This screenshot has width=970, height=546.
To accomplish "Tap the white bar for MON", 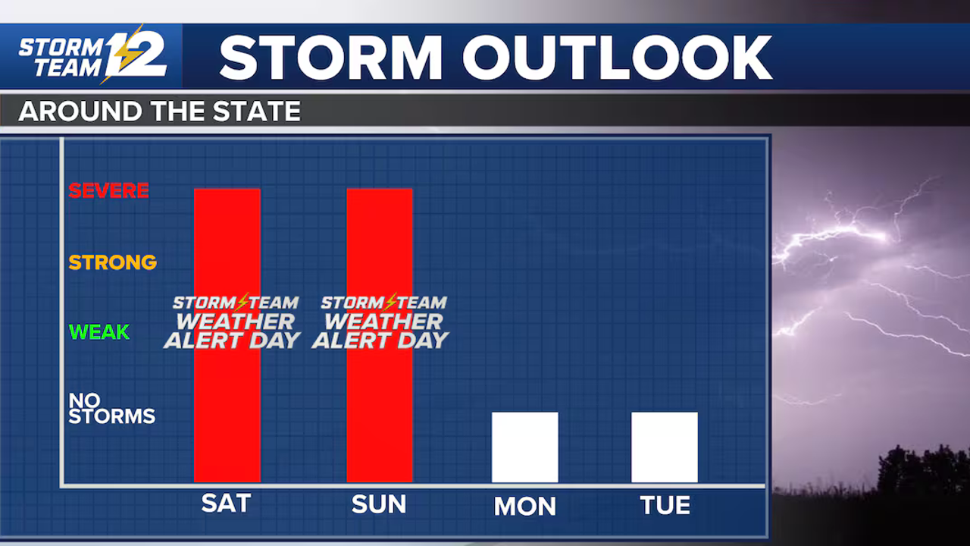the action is coord(525,447).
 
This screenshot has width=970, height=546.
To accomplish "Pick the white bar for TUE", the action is coord(665,447).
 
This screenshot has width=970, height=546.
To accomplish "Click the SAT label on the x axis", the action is coord(226,504).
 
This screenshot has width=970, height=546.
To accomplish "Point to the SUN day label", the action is coord(379,504).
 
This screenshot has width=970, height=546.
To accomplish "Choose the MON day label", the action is coord(525,506).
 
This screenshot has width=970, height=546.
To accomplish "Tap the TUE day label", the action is coord(665,505).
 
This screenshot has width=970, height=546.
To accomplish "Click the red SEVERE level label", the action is coord(108,190).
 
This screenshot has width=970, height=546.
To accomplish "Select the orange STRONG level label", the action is coord(113,262).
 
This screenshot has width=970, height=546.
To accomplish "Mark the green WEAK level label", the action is coord(99,332).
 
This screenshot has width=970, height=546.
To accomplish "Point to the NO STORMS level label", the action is coord(111,408).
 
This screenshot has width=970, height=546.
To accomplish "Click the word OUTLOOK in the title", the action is coord(618,58).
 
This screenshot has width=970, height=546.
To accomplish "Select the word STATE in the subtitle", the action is coord(256,111).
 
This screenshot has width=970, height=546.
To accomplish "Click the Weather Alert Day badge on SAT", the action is coord(233,322).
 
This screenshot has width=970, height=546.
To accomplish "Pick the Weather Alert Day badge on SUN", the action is coord(380,322).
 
